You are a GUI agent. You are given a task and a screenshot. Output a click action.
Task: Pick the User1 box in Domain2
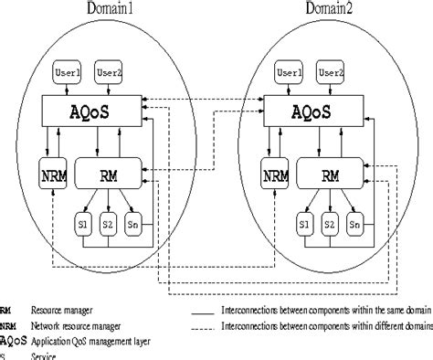point(289,70)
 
